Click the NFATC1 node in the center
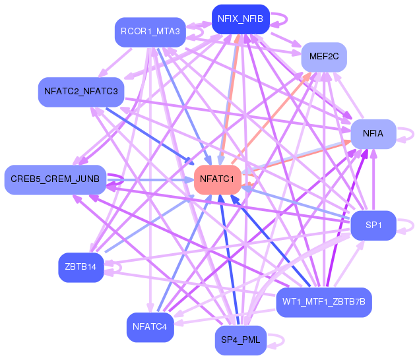pyautogui.click(x=218, y=179)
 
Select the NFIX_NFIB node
pyautogui.click(x=241, y=19)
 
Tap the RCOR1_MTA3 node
pyautogui.click(x=150, y=32)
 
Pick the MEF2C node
pyautogui.click(x=324, y=57)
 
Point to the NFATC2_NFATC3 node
pyautogui.click(x=81, y=92)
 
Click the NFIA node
pyautogui.click(x=373, y=134)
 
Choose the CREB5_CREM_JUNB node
pyautogui.click(x=55, y=179)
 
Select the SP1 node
pyautogui.click(x=373, y=225)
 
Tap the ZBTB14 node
pyautogui.click(x=81, y=267)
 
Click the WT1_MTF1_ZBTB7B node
pyautogui.click(x=324, y=302)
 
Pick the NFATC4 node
pyautogui.click(x=150, y=327)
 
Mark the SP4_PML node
pyautogui.click(x=241, y=340)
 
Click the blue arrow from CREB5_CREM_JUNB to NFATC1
pyautogui.click(x=150, y=180)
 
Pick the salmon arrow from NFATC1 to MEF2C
pyautogui.click(x=272, y=118)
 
